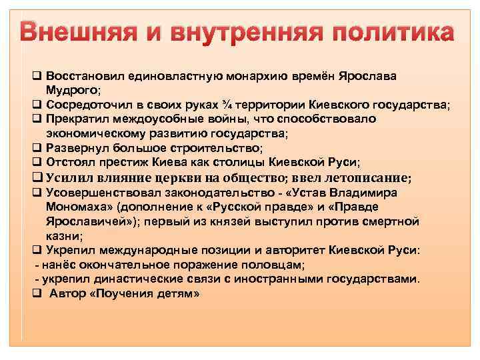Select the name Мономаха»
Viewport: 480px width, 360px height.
point(80,207)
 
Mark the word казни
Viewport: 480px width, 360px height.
point(63,235)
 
